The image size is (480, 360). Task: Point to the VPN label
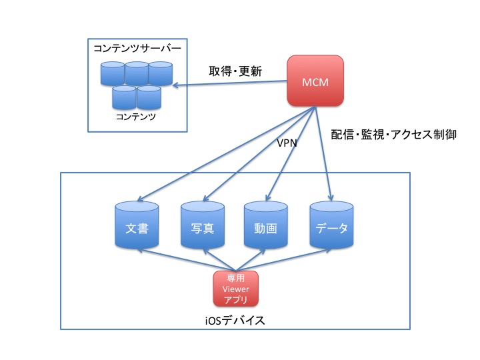[x=287, y=142]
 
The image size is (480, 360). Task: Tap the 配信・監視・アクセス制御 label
[x=393, y=134]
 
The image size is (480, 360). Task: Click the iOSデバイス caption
[x=235, y=321]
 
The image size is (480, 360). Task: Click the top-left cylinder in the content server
[x=113, y=73]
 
